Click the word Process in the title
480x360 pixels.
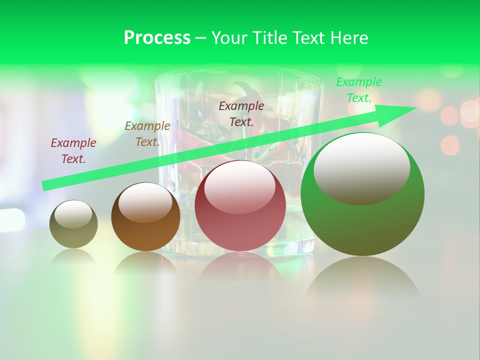coord(157,38)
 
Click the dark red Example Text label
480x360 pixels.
coord(73,151)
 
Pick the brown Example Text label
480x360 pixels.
coord(147,134)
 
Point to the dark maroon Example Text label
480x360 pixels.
coord(241,113)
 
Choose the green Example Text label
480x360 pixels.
coord(359,90)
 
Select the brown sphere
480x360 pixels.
coord(145,235)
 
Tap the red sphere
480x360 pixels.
coord(240,230)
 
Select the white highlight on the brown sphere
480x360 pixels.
coord(145,201)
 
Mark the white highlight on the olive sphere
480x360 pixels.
coord(73,214)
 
